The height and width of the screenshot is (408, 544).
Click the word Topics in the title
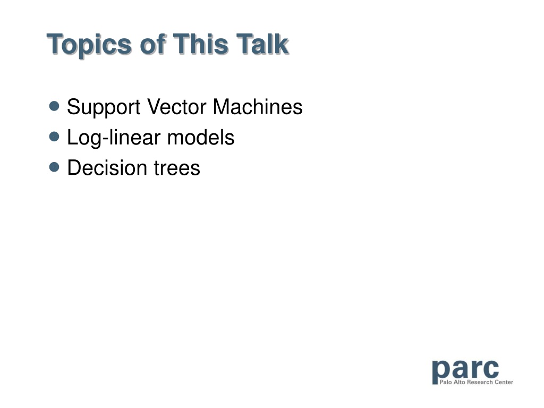[89, 45]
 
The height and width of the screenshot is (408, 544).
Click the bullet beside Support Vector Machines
[54, 106]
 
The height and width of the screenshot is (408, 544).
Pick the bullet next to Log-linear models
[54, 137]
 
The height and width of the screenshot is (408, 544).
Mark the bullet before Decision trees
[54, 167]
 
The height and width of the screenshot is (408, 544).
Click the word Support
[104, 108]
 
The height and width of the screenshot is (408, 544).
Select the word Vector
[176, 106]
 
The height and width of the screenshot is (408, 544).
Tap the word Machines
[258, 106]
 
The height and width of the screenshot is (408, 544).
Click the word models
[201, 138]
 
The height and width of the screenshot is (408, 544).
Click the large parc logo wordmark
[465, 370]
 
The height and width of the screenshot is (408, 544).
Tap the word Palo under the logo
[446, 382]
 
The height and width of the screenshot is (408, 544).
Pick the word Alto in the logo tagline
[460, 382]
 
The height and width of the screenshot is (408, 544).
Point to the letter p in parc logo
[440, 372]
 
